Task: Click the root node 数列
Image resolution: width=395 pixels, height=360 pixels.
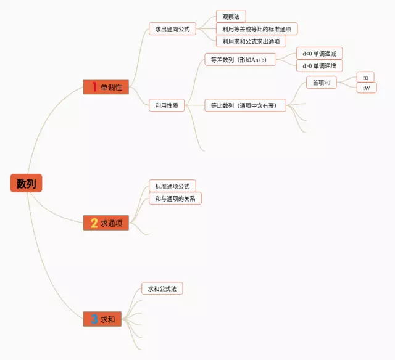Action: click(x=26, y=183)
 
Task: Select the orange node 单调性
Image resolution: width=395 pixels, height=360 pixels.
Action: click(x=106, y=87)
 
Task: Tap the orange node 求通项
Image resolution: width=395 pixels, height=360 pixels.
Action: click(x=106, y=223)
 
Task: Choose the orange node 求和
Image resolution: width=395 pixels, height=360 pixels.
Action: click(x=106, y=319)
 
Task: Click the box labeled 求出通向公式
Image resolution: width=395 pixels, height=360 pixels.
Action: click(x=172, y=28)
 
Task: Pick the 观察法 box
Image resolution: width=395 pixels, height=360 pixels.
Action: click(x=231, y=16)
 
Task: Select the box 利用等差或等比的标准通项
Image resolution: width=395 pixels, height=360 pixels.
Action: click(x=257, y=28)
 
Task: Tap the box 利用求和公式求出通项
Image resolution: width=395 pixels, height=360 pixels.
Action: click(x=251, y=41)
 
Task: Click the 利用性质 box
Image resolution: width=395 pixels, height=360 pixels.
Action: click(x=167, y=105)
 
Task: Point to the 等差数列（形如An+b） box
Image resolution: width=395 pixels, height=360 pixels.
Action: click(x=240, y=59)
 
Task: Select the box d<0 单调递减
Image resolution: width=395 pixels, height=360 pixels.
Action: click(x=319, y=54)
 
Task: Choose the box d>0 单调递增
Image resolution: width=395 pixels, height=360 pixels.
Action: click(x=319, y=66)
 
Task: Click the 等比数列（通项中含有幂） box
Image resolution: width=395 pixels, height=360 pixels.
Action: click(x=244, y=105)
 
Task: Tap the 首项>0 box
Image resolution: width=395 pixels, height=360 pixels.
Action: click(x=322, y=83)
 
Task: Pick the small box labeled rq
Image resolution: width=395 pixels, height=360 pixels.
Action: click(x=365, y=77)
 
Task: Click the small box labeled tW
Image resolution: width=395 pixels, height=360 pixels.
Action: click(x=366, y=88)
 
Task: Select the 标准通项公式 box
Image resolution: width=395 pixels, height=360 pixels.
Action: click(x=172, y=186)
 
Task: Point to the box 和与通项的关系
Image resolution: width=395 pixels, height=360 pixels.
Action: click(x=175, y=198)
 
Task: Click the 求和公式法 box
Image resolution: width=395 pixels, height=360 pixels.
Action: click(x=162, y=288)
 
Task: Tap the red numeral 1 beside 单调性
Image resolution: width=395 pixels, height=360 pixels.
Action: click(x=94, y=87)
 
